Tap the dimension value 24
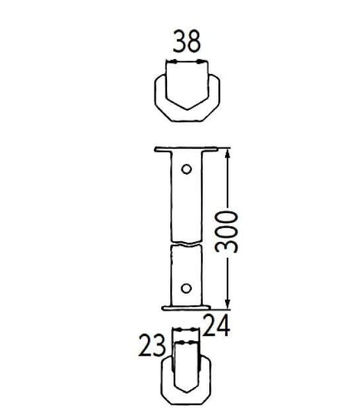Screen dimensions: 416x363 coord(215,326)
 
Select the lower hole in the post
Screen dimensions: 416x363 coord(187,287)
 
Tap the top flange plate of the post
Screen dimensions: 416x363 coord(185,150)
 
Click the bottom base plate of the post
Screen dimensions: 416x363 coord(185,307)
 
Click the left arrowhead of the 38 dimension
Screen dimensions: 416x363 coord(169,62)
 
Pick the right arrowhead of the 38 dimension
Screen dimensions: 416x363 coord(202,62)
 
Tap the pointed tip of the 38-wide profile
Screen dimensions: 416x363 coord(185,108)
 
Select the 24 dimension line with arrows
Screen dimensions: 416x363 coord(185,330)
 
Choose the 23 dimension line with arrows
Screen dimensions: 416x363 coord(185,342)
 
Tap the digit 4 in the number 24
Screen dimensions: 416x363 coord(222,326)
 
